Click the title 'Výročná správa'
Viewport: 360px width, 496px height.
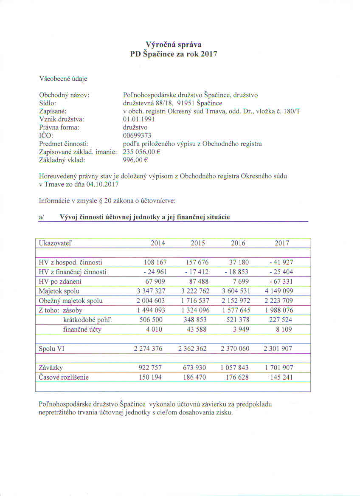pos(173,44)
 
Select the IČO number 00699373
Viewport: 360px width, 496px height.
pos(137,135)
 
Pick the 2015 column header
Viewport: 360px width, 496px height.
pos(198,243)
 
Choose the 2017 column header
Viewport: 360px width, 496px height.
pos(281,243)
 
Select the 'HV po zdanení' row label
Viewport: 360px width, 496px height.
pos(58,282)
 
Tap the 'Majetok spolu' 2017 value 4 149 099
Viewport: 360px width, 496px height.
pos(278,291)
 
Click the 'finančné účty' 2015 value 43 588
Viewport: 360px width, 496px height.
pos(196,330)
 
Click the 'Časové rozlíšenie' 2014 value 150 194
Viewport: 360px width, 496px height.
pos(151,377)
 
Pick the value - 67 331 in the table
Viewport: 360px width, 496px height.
pos(280,282)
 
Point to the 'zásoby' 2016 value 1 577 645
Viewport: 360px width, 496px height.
pos(236,310)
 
